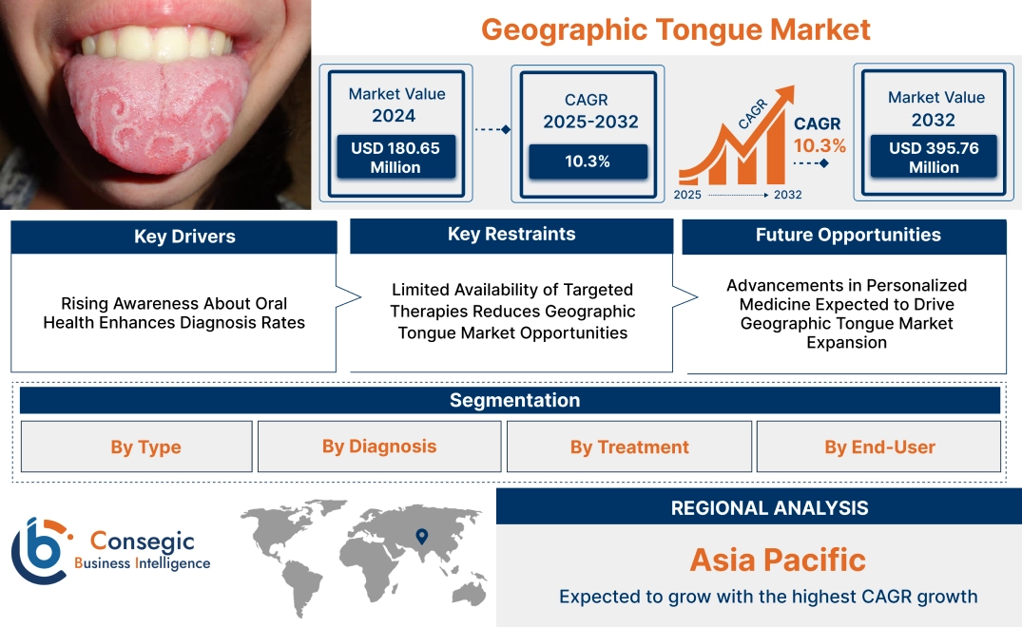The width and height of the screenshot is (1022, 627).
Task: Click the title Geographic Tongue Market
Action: tap(675, 28)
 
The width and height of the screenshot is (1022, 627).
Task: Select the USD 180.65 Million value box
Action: tap(395, 157)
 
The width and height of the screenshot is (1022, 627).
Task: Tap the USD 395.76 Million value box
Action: tap(934, 157)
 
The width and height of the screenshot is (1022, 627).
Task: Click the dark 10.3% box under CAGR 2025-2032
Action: tap(588, 161)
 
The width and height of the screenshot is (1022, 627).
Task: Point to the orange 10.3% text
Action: tap(820, 145)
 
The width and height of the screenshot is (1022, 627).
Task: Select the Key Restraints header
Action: tap(511, 235)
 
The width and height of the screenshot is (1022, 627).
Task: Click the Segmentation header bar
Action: tap(514, 400)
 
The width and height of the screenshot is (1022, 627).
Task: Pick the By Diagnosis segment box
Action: tap(379, 446)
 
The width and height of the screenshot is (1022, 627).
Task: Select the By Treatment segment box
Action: tap(629, 446)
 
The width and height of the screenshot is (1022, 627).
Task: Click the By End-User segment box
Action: tap(879, 446)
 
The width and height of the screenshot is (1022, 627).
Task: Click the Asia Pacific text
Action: tap(778, 560)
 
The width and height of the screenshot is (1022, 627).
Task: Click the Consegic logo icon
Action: tap(41, 550)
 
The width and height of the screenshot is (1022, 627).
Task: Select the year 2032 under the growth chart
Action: tap(787, 195)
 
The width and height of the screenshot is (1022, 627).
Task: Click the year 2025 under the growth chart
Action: tap(688, 195)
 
